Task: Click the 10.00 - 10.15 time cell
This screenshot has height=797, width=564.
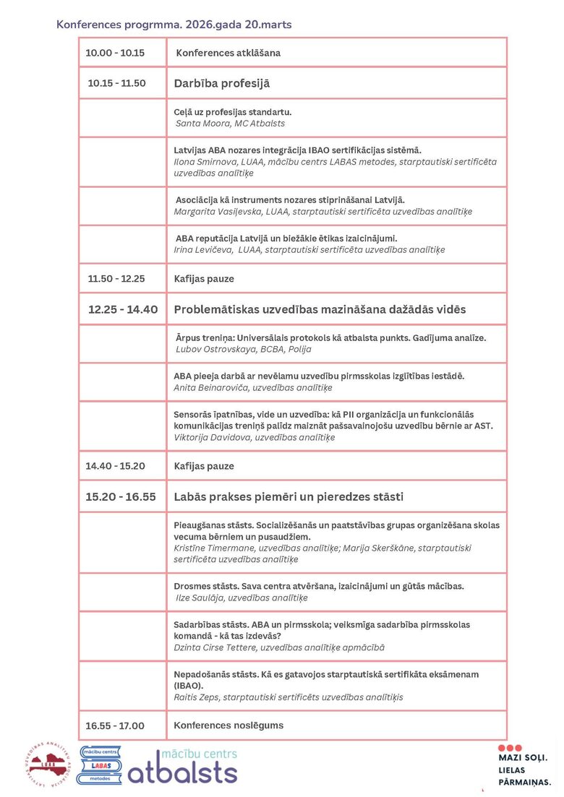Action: pos(115,53)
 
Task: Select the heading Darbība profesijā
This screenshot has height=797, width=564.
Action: pos(221,83)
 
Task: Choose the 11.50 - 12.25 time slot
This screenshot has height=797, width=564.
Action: pos(116,278)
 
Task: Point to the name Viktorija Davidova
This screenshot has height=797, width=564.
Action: pos(208,437)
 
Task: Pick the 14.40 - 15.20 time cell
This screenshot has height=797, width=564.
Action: pos(115,466)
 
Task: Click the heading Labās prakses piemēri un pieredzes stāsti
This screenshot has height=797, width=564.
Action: pos(289,497)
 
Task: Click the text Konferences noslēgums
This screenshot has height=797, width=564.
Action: pos(228,725)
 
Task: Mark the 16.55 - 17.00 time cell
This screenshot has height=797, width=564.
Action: pos(115,725)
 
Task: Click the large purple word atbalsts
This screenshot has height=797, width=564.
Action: pos(182,771)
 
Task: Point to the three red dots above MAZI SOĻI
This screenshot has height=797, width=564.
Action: pos(509,747)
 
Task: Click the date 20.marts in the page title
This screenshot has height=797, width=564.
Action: pos(267,25)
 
